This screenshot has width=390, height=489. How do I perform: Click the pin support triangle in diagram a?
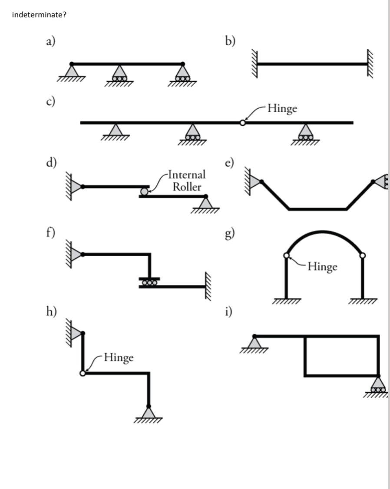pyautogui.click(x=72, y=71)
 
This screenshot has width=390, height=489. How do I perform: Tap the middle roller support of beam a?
pyautogui.click(x=118, y=74)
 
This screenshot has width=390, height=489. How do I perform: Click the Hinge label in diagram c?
pyautogui.click(x=282, y=108)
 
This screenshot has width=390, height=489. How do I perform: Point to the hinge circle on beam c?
pyautogui.click(x=242, y=123)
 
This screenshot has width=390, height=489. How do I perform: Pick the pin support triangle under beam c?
pyautogui.click(x=115, y=130)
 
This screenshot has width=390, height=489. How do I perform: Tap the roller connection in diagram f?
pyautogui.click(x=149, y=282)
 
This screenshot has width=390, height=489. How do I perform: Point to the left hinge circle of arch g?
pyautogui.click(x=286, y=255)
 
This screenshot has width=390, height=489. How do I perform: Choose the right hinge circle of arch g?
pyautogui.click(x=363, y=255)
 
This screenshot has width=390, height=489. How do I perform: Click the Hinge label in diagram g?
pyautogui.click(x=322, y=267)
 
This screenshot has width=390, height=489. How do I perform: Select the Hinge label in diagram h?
pyautogui.click(x=118, y=358)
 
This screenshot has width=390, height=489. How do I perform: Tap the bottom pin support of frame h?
pyautogui.click(x=149, y=412)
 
